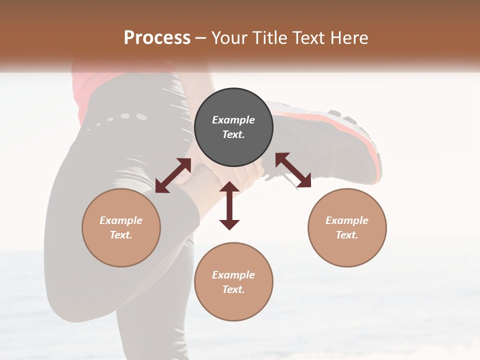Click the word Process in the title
click(157, 37)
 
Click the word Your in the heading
click(231, 37)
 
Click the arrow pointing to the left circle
click(173, 175)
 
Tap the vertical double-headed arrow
click(229, 205)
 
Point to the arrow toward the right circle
click(293, 170)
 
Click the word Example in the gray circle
click(233, 120)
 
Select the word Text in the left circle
click(120, 235)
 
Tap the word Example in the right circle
click(347, 220)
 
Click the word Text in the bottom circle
click(232, 289)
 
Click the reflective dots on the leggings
click(120, 118)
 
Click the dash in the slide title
click(201, 38)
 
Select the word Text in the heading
click(308, 37)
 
